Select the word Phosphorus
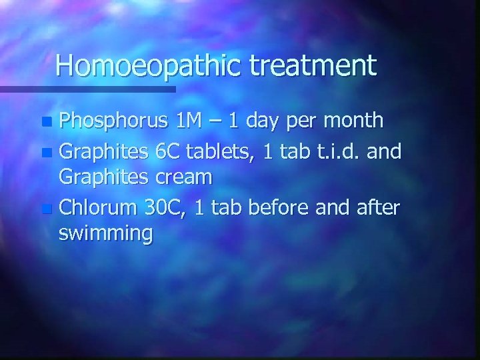click(113, 121)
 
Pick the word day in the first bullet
click(269, 122)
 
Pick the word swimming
click(105, 235)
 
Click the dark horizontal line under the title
click(87, 89)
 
